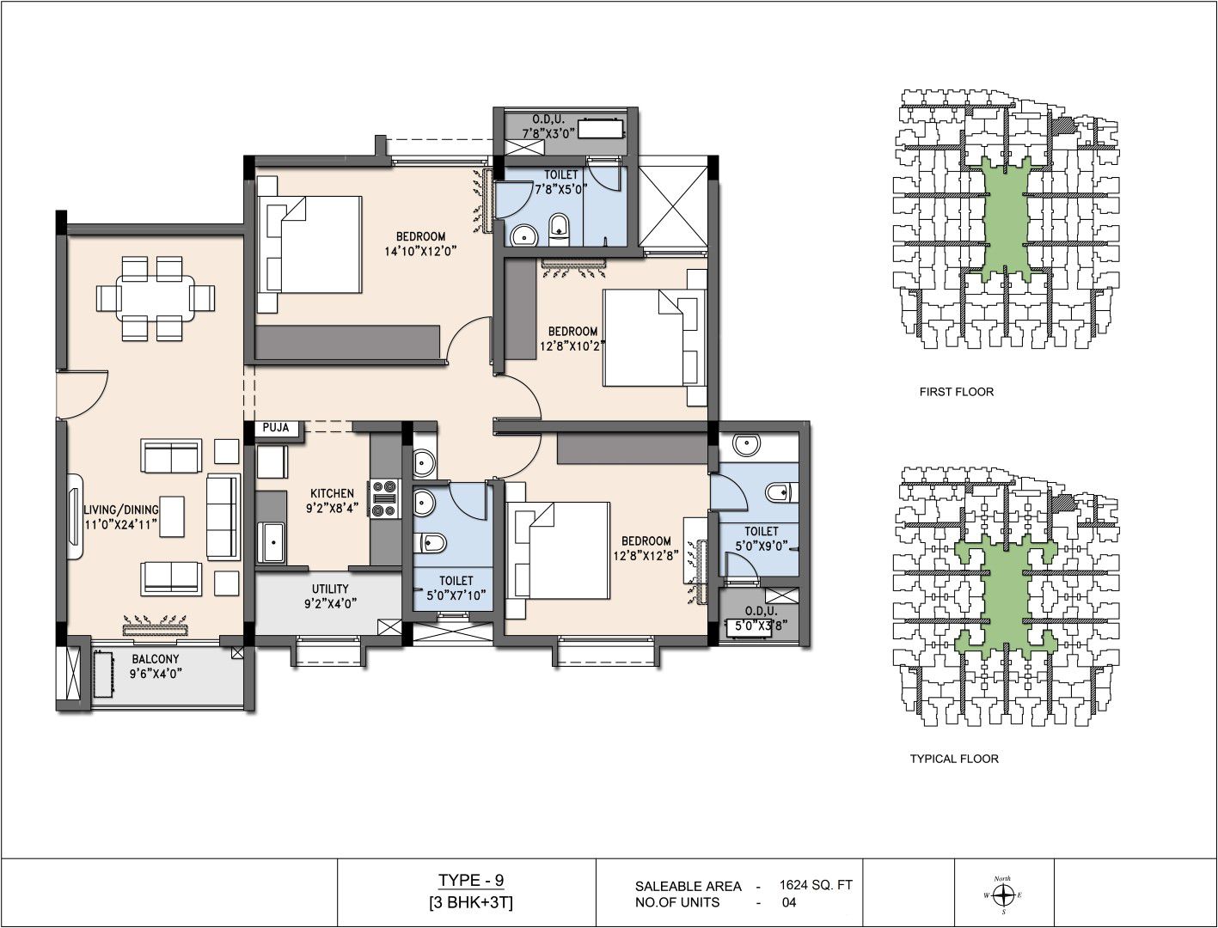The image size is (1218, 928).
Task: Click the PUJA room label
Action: click(x=276, y=428)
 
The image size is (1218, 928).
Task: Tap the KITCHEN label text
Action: click(x=332, y=493)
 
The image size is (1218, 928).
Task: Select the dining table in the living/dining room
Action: click(x=156, y=298)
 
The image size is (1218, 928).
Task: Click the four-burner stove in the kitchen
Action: click(x=385, y=498)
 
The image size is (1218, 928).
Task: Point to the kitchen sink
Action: click(x=272, y=542)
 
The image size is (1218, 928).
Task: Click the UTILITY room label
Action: click(x=329, y=589)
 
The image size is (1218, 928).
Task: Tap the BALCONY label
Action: click(x=156, y=659)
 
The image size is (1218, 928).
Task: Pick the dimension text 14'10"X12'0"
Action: click(x=420, y=251)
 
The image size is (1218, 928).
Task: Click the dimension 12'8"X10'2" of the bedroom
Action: click(x=572, y=346)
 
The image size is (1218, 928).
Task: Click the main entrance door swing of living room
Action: click(x=83, y=395)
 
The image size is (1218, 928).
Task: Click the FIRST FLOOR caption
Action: click(x=957, y=392)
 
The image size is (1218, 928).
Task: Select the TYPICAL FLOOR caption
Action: click(x=954, y=758)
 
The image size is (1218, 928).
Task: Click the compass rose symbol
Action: click(x=1002, y=894)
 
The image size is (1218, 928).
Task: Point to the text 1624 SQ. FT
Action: click(x=816, y=885)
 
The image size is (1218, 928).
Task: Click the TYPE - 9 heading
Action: click(x=471, y=880)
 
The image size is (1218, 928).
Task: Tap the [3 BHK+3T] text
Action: click(x=471, y=903)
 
